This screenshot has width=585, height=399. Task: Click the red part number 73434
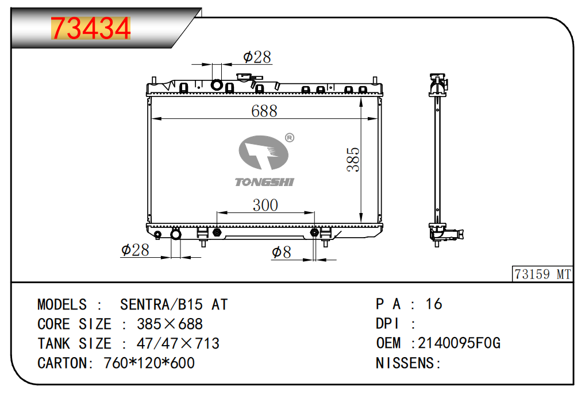91,28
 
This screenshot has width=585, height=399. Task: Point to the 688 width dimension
264,111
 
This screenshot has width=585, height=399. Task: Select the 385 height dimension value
353,159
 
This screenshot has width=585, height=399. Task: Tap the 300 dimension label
265,205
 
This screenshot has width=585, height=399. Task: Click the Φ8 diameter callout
282,252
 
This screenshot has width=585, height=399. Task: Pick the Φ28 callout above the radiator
257,57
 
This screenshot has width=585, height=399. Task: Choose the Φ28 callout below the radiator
135,250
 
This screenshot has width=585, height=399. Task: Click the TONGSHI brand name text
264,182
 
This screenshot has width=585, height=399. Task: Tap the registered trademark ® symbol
290,138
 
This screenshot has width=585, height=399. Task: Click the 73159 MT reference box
542,274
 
